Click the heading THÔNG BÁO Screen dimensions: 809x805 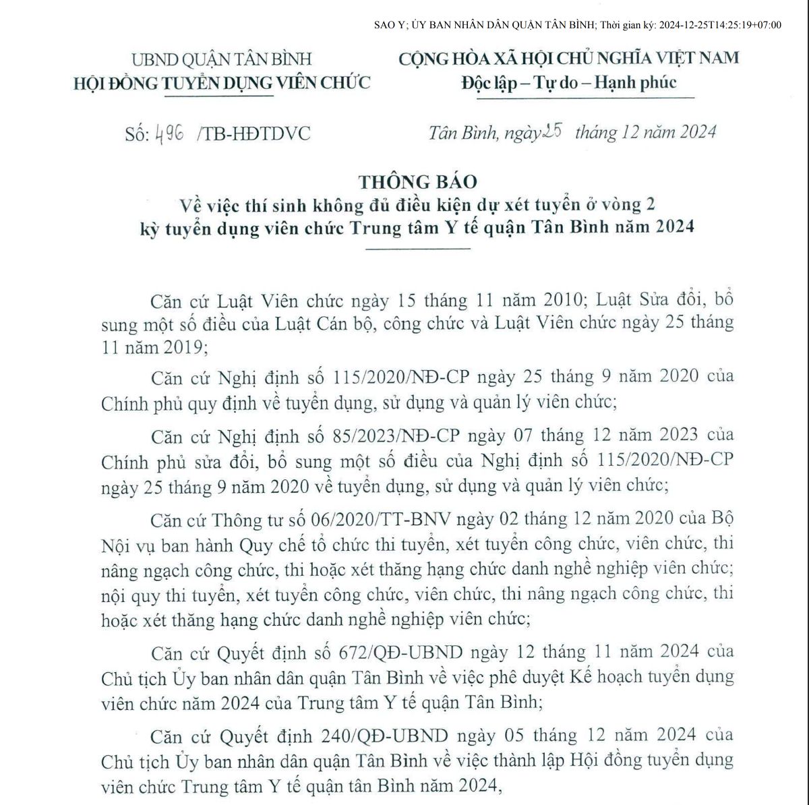coord(417,181)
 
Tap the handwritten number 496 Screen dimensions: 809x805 coord(169,133)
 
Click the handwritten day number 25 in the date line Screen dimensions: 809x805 coord(552,131)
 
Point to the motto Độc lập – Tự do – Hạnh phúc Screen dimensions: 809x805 coord(568,82)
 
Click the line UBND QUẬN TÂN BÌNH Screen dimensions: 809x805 coord(221,59)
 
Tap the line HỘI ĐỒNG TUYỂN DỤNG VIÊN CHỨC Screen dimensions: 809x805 coord(222,83)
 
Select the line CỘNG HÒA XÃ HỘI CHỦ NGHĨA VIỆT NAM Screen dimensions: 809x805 coord(568,58)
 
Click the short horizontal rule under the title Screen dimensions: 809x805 coord(417,249)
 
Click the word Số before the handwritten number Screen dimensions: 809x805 coord(136,133)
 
